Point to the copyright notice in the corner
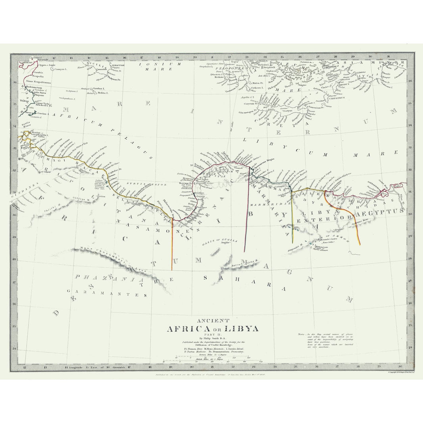(x=401, y=372)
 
